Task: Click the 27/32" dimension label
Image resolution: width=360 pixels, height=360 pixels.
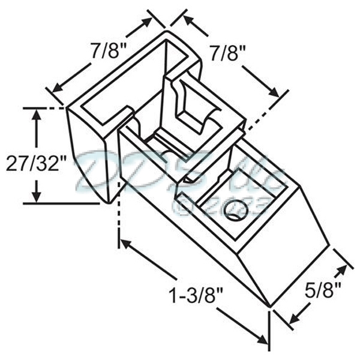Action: pyautogui.click(x=33, y=163)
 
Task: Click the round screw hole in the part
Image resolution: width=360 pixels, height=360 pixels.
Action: pyautogui.click(x=235, y=211)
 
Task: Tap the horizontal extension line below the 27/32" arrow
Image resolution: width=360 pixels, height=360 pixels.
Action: pyautogui.click(x=60, y=203)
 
